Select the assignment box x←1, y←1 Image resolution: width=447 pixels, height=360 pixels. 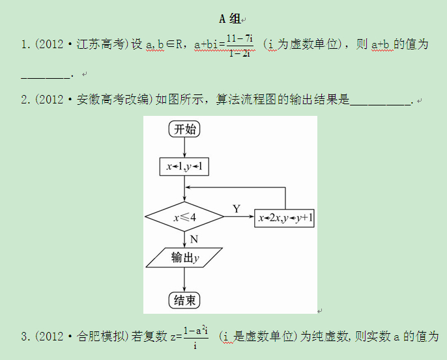184,167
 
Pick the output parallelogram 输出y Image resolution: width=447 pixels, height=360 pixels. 184,258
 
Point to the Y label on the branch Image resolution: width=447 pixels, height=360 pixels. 237,208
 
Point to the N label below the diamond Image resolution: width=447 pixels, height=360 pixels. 194,240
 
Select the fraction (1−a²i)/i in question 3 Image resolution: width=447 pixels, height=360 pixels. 195,337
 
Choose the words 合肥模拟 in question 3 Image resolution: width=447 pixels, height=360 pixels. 98,337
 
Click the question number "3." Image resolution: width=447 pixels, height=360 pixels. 25,337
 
